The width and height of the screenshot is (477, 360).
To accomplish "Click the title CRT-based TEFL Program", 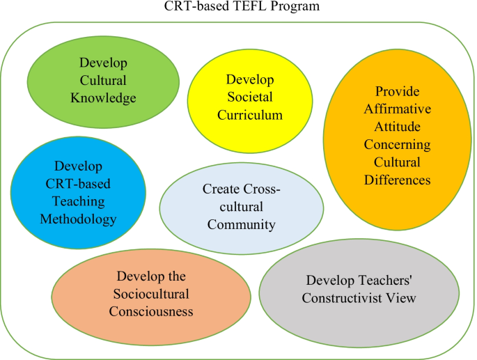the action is point(242,6).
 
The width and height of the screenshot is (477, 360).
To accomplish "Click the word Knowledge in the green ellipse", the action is point(104,98).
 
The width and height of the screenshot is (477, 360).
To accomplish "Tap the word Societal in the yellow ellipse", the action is point(250,97).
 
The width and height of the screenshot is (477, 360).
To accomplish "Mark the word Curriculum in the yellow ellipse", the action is point(250,115).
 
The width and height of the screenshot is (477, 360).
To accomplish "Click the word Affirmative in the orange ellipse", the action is point(398,109).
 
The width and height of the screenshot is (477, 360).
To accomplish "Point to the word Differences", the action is point(398,180).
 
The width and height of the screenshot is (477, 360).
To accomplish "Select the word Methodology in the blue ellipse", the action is point(78,219).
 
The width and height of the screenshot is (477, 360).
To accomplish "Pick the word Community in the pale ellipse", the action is point(242,225).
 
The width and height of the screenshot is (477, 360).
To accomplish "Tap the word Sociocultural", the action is point(151,294).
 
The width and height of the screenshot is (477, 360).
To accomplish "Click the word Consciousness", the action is point(151,312).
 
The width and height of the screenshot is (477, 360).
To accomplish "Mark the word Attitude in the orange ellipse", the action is point(398,126).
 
